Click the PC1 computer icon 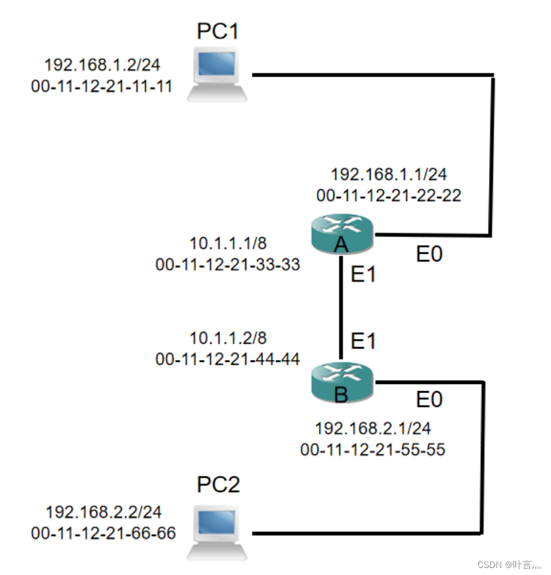(217, 75)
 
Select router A (341, 234)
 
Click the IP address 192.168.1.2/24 (102, 65)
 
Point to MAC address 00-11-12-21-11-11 (102, 86)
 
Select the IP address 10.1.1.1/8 (228, 243)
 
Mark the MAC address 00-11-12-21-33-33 (228, 264)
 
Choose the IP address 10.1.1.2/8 (228, 338)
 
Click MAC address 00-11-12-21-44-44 (228, 359)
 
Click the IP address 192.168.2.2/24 (103, 512)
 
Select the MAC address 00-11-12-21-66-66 (103, 533)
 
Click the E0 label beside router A (429, 255)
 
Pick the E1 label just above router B (364, 341)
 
